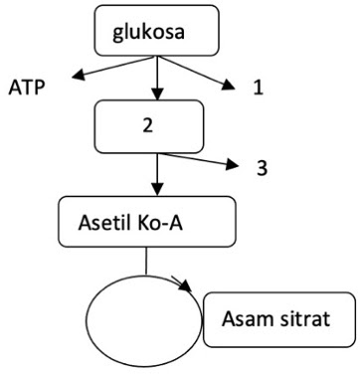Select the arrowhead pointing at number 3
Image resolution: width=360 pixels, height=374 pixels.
[235, 164]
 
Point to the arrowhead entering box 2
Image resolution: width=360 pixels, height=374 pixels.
[156, 96]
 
